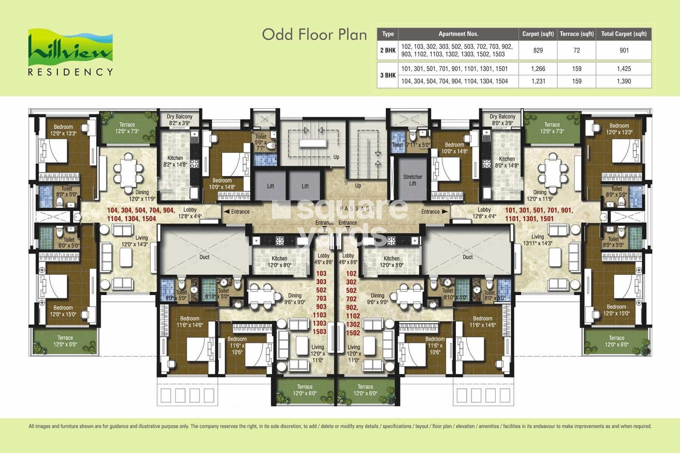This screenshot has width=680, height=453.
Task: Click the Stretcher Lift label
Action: (x=413, y=180)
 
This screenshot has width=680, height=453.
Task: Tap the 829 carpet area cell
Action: (x=538, y=50)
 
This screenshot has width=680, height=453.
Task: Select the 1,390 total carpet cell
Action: (x=624, y=81)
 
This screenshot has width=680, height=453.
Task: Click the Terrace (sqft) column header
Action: (x=576, y=34)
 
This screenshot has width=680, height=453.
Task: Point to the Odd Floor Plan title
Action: (x=314, y=34)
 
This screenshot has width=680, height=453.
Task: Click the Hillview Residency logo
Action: (x=70, y=52)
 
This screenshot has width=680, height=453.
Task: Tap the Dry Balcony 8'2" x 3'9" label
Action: (x=179, y=120)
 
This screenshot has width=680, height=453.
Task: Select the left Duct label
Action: (x=204, y=257)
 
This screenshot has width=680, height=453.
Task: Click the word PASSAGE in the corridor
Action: (x=357, y=208)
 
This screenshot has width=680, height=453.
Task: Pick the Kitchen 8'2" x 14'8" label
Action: (x=175, y=161)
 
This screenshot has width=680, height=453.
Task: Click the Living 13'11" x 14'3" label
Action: (x=538, y=240)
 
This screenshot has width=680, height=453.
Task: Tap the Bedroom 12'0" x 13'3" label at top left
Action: (x=63, y=130)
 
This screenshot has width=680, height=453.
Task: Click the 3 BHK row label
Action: (x=388, y=75)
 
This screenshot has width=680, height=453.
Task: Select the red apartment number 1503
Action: (x=319, y=331)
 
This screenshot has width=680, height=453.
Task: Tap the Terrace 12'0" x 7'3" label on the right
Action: (x=552, y=128)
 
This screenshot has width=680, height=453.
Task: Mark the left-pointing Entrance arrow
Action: (x=227, y=212)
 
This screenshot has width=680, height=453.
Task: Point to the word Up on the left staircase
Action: (x=336, y=157)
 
